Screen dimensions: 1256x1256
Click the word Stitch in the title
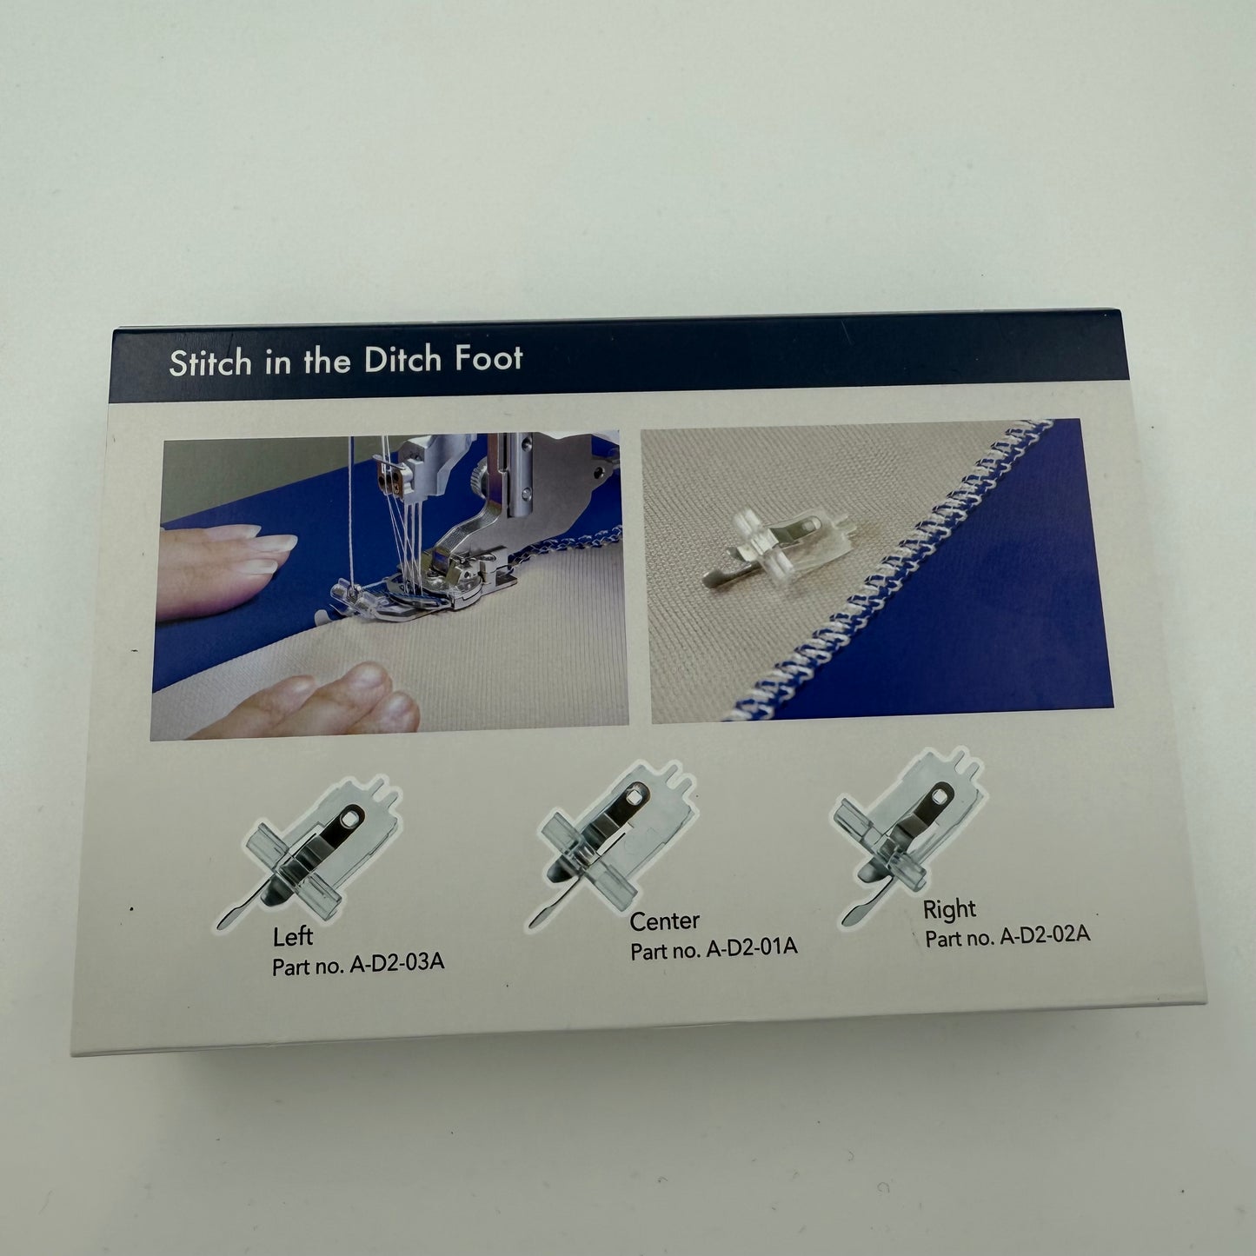[x=209, y=362]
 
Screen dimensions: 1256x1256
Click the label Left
[x=293, y=937]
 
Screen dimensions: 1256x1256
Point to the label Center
[x=664, y=921]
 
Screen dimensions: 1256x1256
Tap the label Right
[x=950, y=909]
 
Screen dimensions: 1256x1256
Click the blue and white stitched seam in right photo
[x=893, y=570]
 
